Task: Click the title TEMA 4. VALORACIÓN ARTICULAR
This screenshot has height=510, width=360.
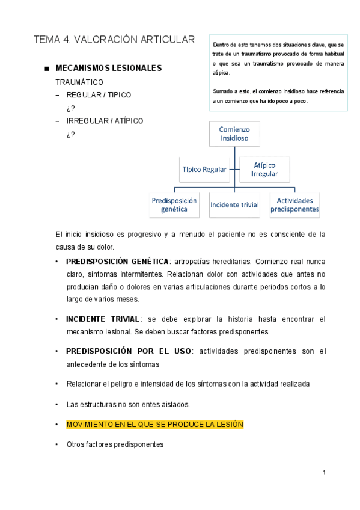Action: (x=114, y=40)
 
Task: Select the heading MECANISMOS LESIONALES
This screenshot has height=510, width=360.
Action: (x=108, y=69)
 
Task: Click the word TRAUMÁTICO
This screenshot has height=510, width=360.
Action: (x=79, y=82)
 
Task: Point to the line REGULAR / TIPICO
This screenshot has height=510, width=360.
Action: (x=99, y=95)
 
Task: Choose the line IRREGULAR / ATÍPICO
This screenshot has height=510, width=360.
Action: (x=105, y=121)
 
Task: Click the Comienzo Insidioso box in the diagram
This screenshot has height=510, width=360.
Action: (x=234, y=134)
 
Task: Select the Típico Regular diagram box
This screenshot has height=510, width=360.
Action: (x=204, y=170)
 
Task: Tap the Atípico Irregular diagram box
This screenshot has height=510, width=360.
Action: (x=264, y=169)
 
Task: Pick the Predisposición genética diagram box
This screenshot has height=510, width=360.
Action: (x=174, y=205)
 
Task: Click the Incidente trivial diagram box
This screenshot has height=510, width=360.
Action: (x=234, y=205)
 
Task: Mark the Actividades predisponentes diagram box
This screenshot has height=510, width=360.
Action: (x=294, y=205)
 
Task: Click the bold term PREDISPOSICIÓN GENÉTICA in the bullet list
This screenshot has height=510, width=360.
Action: (x=118, y=262)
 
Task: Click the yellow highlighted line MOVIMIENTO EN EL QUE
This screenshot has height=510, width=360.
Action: (x=154, y=425)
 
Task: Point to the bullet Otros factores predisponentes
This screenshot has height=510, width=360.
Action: (x=115, y=444)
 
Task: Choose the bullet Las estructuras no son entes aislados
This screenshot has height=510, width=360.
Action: (x=126, y=404)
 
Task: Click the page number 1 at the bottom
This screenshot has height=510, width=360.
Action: (x=324, y=473)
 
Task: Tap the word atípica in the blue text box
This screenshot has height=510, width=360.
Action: (x=221, y=73)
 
